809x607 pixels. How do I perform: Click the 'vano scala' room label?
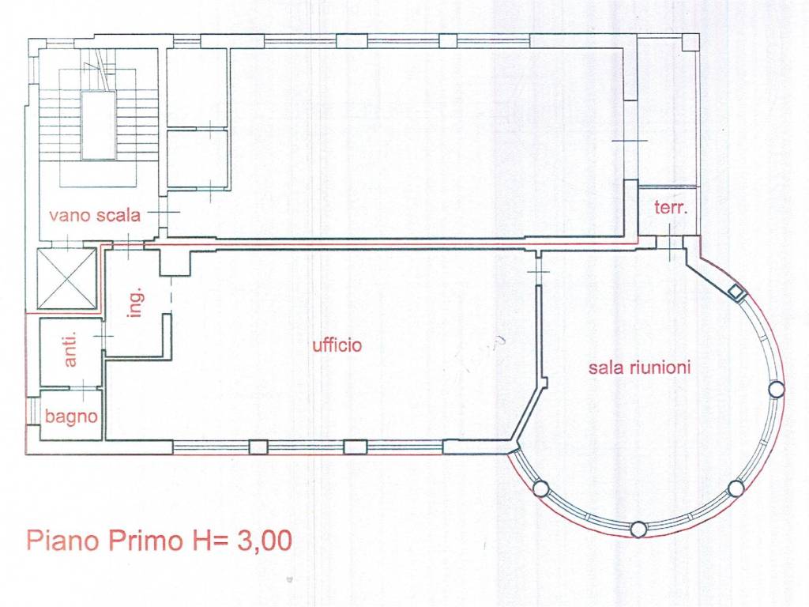click(x=95, y=215)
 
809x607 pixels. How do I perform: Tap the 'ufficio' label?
click(x=337, y=345)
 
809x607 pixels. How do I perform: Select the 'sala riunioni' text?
click(x=639, y=368)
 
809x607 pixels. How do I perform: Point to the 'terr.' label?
click(x=671, y=208)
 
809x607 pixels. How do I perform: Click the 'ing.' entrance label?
click(x=135, y=303)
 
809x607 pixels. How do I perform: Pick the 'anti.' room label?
click(x=70, y=349)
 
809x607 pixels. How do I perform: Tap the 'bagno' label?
click(x=70, y=416)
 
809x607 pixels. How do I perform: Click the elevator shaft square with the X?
click(x=67, y=279)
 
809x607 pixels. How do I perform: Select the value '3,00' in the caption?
click(x=264, y=541)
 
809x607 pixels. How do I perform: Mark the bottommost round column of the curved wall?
click(x=638, y=529)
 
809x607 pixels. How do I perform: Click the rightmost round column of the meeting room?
click(x=777, y=389)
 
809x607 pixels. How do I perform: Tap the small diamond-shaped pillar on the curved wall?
click(x=737, y=293)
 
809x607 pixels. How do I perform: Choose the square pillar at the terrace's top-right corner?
click(x=690, y=43)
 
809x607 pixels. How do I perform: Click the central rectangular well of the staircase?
click(x=98, y=125)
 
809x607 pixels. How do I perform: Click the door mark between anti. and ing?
click(x=103, y=337)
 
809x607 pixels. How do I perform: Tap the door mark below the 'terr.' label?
click(x=670, y=243)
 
